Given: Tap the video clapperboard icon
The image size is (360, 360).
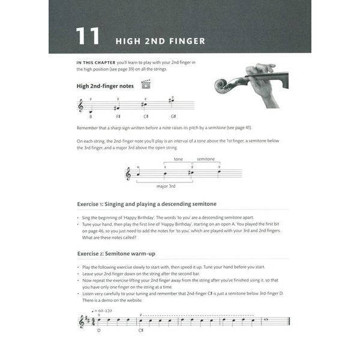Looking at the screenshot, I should tap(145, 84).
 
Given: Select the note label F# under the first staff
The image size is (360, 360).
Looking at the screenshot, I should tap(118, 116).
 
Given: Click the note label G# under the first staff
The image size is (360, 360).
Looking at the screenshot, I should tap(173, 116).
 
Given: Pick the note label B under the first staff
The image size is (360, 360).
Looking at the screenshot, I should tap(91, 116).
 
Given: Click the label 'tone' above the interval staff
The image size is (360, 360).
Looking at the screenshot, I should tap(178, 159).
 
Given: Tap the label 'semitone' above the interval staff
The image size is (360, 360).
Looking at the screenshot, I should tap(206, 159).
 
